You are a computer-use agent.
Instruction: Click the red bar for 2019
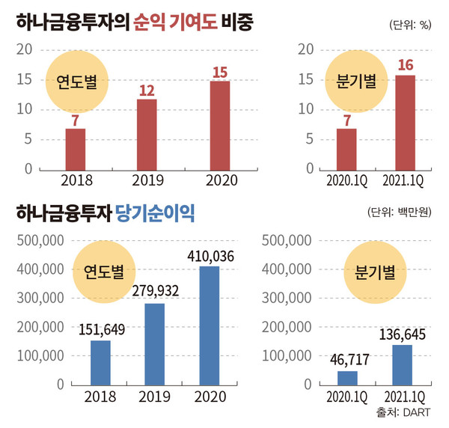(147, 134)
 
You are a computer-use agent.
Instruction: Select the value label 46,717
(347, 360)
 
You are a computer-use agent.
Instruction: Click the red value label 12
(147, 89)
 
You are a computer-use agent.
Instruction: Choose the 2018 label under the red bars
(76, 180)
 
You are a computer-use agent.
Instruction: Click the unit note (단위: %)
(410, 25)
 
